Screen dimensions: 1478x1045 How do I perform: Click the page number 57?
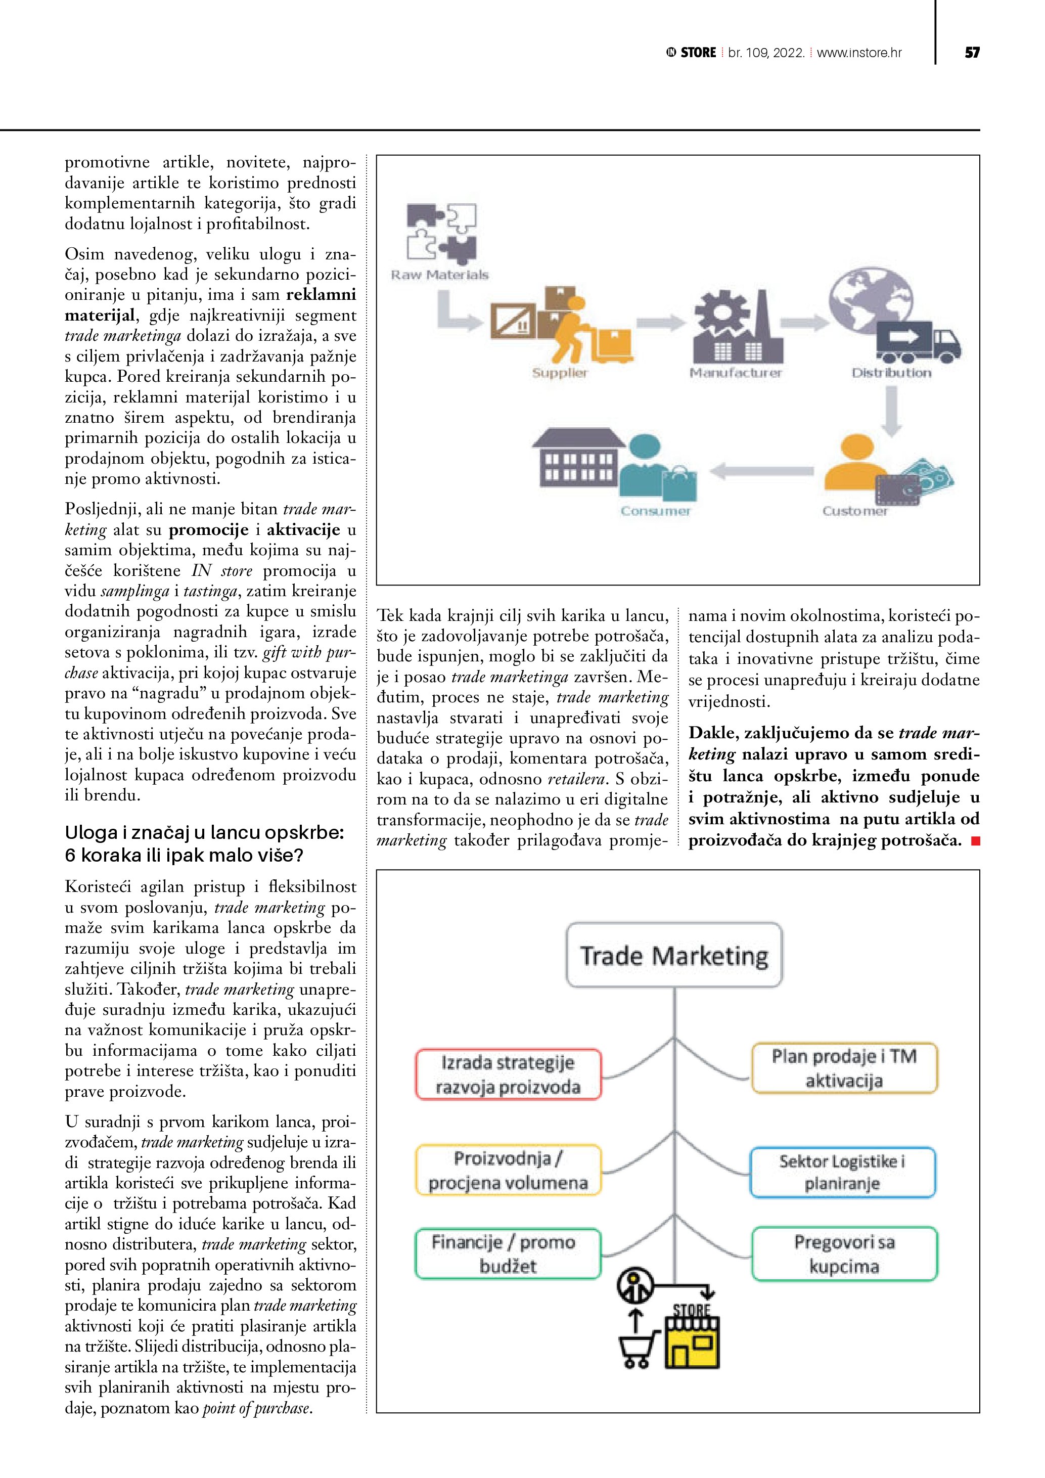972,53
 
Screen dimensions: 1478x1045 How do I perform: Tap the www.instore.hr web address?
859,53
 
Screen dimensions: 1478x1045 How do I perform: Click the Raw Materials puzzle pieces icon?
441,234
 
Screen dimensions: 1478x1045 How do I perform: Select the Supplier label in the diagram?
559,373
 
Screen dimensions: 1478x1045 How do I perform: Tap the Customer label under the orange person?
854,511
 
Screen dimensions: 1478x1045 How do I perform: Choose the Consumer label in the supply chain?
655,511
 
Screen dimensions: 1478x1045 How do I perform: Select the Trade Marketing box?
674,955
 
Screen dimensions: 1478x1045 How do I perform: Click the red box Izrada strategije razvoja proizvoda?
508,1074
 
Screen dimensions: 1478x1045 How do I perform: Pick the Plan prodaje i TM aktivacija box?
844,1068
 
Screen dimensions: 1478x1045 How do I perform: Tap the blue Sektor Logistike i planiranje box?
842,1172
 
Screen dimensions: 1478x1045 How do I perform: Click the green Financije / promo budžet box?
508,1253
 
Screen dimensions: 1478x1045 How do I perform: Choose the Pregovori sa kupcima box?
844,1253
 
